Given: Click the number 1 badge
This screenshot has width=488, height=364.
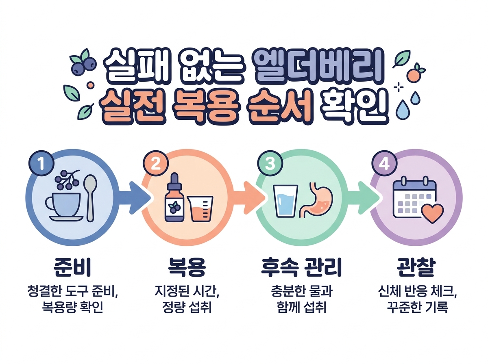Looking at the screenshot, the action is pyautogui.click(x=41, y=164).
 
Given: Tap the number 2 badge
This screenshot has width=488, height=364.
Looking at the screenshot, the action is pyautogui.click(x=156, y=164).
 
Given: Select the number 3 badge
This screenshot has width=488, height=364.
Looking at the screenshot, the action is pyautogui.click(x=270, y=164).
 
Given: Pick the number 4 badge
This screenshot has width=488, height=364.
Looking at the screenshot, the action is pyautogui.click(x=385, y=164).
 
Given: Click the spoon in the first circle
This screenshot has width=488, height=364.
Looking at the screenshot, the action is pyautogui.click(x=90, y=198).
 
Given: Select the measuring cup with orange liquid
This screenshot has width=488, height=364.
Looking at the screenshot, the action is pyautogui.click(x=200, y=209).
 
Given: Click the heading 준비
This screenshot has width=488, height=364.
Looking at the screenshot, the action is pyautogui.click(x=72, y=267).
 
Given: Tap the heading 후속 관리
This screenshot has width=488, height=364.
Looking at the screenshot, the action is pyautogui.click(x=301, y=267).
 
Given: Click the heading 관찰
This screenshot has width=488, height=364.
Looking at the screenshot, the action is pyautogui.click(x=416, y=267).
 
